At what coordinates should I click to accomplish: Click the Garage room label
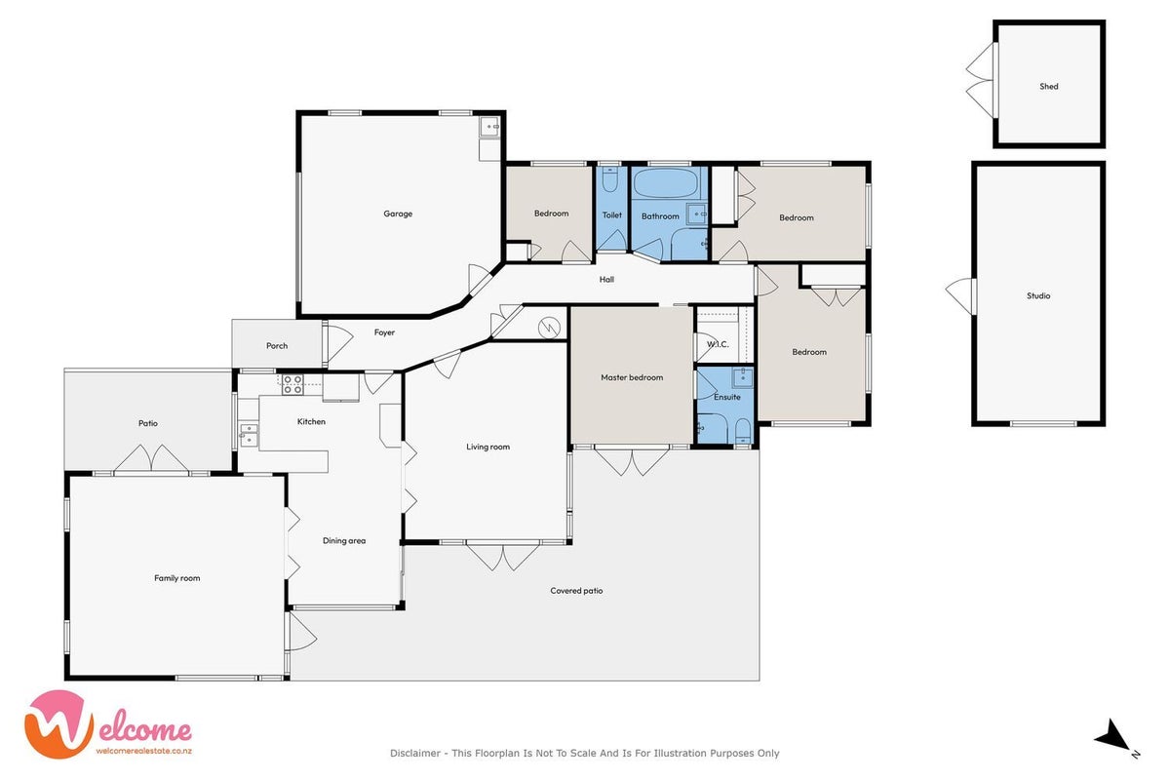(398, 214)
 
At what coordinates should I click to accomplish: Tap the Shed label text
(1049, 86)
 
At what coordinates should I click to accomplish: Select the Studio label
(1037, 295)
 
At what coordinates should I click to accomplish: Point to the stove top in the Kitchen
(292, 384)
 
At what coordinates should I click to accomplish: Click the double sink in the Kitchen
(249, 435)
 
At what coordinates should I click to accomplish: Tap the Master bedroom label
(632, 377)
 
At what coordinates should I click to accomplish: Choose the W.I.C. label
(718, 344)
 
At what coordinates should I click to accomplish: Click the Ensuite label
(727, 397)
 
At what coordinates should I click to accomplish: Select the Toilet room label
(611, 214)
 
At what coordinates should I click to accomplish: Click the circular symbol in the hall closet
(549, 328)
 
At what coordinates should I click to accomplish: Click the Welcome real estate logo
(107, 724)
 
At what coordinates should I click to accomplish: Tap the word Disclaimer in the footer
(415, 753)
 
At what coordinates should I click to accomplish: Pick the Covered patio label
(576, 590)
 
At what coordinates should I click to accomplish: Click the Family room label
(177, 578)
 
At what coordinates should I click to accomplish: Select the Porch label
(277, 345)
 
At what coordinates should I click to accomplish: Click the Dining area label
(343, 541)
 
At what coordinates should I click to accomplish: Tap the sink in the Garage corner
(489, 127)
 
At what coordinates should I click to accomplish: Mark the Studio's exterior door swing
(960, 296)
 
